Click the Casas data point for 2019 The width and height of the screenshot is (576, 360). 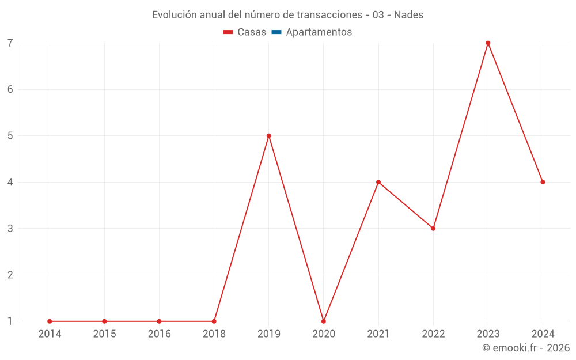tap(269, 136)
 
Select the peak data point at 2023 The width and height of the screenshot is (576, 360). tap(488, 43)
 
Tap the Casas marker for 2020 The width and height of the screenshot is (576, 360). tap(324, 321)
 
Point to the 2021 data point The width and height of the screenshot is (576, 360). tap(378, 182)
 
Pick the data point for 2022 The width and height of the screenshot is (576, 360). tap(433, 229)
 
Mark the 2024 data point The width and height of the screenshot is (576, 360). tap(543, 182)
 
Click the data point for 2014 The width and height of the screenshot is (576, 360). tap(50, 321)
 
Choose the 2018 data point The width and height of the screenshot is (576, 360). tap(214, 321)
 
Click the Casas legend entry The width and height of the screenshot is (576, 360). tap(245, 32)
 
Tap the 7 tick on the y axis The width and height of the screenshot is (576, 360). tap(10, 43)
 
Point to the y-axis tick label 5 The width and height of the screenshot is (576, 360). tap(10, 136)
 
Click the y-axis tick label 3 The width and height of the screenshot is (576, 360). tap(10, 229)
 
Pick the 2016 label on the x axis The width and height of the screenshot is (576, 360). tap(159, 334)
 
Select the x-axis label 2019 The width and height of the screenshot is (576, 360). tap(269, 334)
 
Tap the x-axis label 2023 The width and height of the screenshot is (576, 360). tap(488, 334)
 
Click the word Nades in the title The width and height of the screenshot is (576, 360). tap(409, 15)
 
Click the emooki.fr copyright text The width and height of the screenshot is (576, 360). tap(526, 348)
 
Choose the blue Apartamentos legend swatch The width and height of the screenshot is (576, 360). tap(276, 32)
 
